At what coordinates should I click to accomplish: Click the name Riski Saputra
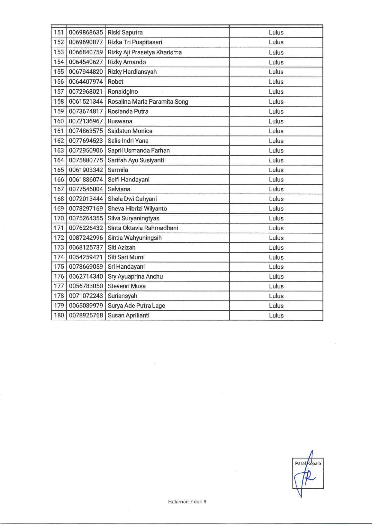pyautogui.click(x=125, y=32)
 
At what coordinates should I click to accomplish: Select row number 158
pyautogui.click(x=59, y=101)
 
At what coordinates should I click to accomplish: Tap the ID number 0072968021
pyautogui.click(x=86, y=91)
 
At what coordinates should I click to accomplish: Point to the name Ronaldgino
pyautogui.click(x=123, y=91)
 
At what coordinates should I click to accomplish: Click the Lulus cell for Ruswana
pyautogui.click(x=276, y=121)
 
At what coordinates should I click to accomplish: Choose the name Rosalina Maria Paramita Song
pyautogui.click(x=148, y=101)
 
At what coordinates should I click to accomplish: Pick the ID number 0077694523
pyautogui.click(x=86, y=141)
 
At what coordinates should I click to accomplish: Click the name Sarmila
pyautogui.click(x=118, y=170)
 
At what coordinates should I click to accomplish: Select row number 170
pyautogui.click(x=59, y=218)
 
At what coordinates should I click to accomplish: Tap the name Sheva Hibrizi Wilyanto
pyautogui.click(x=137, y=208)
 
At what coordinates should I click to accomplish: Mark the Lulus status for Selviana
pyautogui.click(x=276, y=189)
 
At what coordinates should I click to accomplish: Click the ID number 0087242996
pyautogui.click(x=86, y=238)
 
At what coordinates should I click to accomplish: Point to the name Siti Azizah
pyautogui.click(x=121, y=247)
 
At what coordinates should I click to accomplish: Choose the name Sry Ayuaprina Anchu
pyautogui.click(x=135, y=276)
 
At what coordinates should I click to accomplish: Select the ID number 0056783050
pyautogui.click(x=86, y=286)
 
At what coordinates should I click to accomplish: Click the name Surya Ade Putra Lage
pyautogui.click(x=136, y=305)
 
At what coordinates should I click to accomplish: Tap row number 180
pyautogui.click(x=59, y=315)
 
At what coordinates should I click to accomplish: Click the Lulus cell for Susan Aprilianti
pyautogui.click(x=276, y=315)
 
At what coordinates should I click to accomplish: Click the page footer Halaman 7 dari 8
pyautogui.click(x=187, y=501)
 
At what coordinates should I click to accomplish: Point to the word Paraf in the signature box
pyautogui.click(x=300, y=463)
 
